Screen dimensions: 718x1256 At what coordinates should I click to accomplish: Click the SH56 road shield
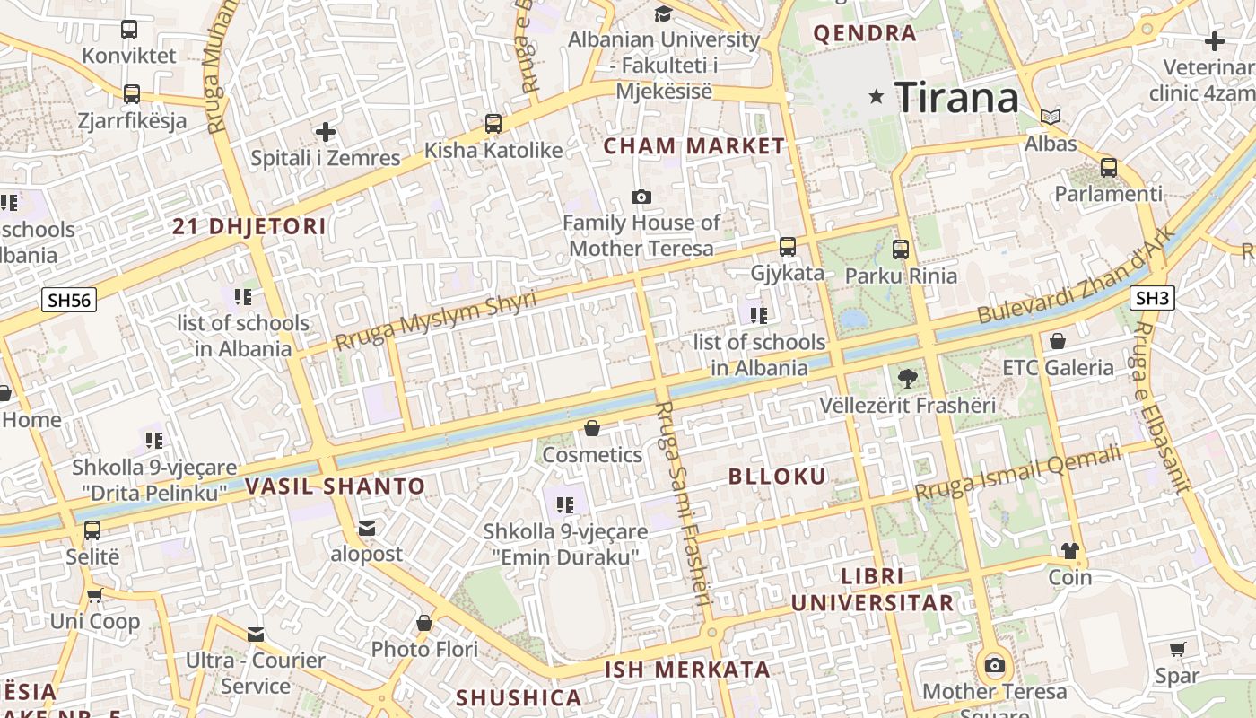point(69,300)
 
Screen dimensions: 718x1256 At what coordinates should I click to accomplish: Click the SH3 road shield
point(1152,298)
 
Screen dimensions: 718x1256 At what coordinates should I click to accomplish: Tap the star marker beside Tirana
point(877,96)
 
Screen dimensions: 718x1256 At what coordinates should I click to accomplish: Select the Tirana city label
point(957,97)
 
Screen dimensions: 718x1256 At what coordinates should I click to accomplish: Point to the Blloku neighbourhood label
point(778,477)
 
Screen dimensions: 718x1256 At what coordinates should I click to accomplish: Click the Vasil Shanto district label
point(335,487)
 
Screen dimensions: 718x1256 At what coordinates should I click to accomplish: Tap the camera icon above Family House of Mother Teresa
point(641,197)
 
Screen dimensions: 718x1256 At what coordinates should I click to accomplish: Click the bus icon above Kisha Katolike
point(493,124)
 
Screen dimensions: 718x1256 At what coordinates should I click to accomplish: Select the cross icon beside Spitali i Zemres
point(325,133)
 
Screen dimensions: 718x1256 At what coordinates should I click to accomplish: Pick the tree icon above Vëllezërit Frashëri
point(907,378)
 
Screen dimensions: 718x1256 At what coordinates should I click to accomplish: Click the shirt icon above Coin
point(1069,550)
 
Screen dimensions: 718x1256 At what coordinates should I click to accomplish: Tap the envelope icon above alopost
point(367,528)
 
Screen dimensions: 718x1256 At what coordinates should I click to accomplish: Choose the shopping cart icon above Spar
point(1177,649)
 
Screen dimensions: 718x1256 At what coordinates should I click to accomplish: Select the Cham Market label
point(693,146)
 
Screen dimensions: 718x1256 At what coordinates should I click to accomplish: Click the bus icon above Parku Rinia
point(901,250)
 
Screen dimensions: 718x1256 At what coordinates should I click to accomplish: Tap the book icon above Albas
point(1051,117)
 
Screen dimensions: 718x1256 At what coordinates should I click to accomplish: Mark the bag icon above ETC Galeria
point(1058,341)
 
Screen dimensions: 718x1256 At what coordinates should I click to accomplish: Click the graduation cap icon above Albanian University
point(663,13)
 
